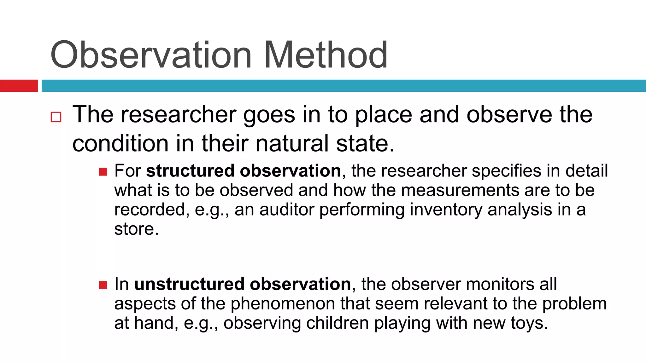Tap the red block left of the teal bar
tap(19, 86)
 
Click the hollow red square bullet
tap(56, 117)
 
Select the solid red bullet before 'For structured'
tap(103, 172)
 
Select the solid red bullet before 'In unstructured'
tap(103, 285)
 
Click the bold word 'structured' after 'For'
tap(190, 171)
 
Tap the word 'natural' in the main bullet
tap(292, 144)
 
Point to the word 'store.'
tap(136, 229)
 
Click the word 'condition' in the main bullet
tap(120, 144)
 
